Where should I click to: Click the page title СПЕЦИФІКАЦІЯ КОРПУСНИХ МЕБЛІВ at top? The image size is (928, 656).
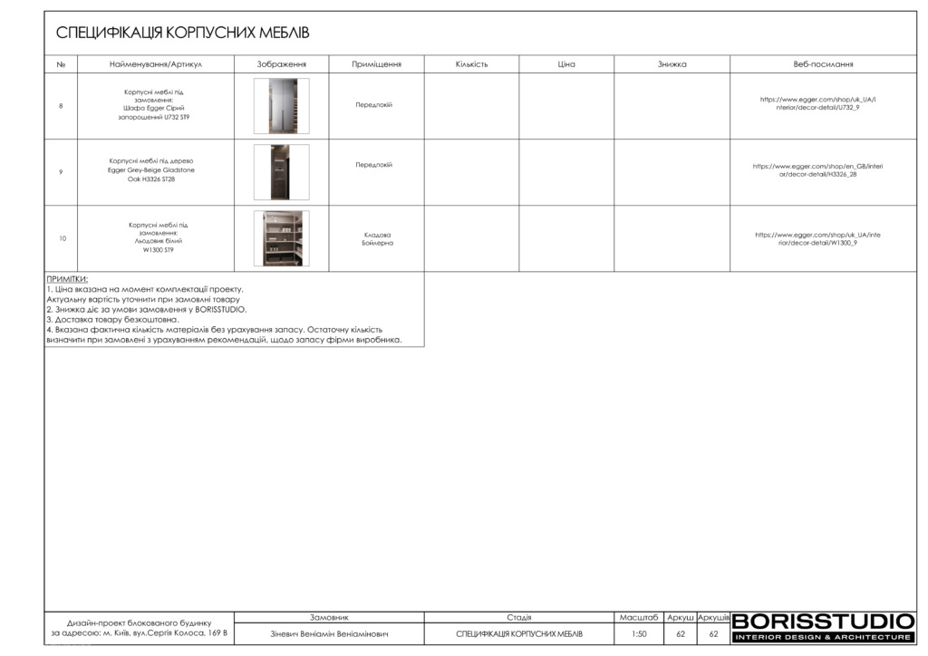coord(183,34)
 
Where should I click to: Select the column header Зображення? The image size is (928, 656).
coord(281,64)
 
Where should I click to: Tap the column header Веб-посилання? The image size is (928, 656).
coord(823,64)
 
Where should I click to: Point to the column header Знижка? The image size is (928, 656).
coord(672,64)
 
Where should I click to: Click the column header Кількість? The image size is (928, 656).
coord(471,64)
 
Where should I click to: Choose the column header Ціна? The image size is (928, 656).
coord(566,64)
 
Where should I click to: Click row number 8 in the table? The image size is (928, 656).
coord(61,106)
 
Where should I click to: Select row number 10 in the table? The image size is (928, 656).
coord(62,238)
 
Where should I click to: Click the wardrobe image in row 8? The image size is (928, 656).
coord(281,106)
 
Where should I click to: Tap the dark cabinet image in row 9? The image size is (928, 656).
coord(281,172)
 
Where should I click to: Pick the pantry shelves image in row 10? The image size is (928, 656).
coord(281,238)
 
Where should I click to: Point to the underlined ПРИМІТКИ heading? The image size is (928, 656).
coord(73,279)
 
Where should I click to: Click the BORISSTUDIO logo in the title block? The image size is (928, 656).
coord(822,626)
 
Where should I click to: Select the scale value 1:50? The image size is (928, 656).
coord(639,634)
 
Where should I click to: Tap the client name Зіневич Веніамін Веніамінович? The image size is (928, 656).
coord(329,634)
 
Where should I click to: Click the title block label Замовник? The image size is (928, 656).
coord(329,617)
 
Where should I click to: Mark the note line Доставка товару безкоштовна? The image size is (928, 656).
coord(112,320)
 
